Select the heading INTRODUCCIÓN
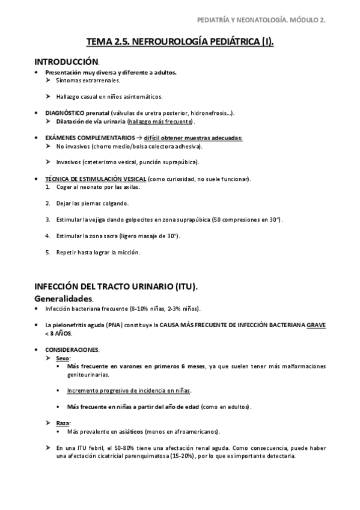66,61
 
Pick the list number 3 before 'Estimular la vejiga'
47,220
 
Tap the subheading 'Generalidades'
63,298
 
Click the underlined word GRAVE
315,325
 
